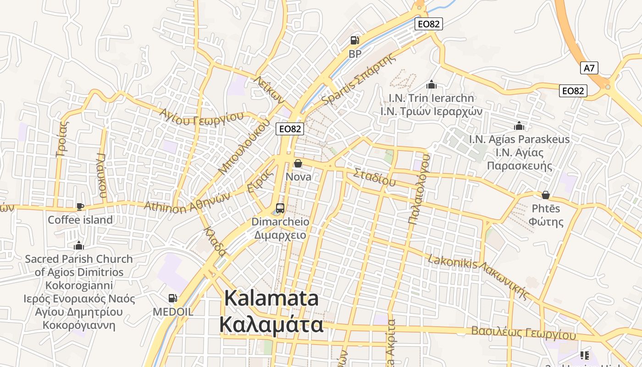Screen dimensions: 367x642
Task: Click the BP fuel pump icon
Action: tap(355, 40)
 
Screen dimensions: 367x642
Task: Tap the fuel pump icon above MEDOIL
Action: tap(173, 298)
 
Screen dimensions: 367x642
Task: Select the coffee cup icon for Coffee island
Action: tap(80, 206)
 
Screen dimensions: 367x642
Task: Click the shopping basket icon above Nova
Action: tap(298, 163)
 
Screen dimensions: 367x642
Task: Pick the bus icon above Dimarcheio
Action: tap(280, 208)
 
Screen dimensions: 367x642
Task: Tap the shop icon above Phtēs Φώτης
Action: tap(546, 195)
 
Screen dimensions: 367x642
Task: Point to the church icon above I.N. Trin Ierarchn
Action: tap(431, 84)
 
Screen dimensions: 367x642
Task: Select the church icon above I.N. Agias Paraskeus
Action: tap(519, 125)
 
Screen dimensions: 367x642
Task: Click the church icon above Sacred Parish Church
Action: tap(79, 245)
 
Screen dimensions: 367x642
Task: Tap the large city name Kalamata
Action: tap(271, 298)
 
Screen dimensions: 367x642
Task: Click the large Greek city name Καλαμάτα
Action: tap(271, 325)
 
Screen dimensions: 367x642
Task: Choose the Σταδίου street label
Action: tap(374, 177)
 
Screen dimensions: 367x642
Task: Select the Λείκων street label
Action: tap(269, 89)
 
